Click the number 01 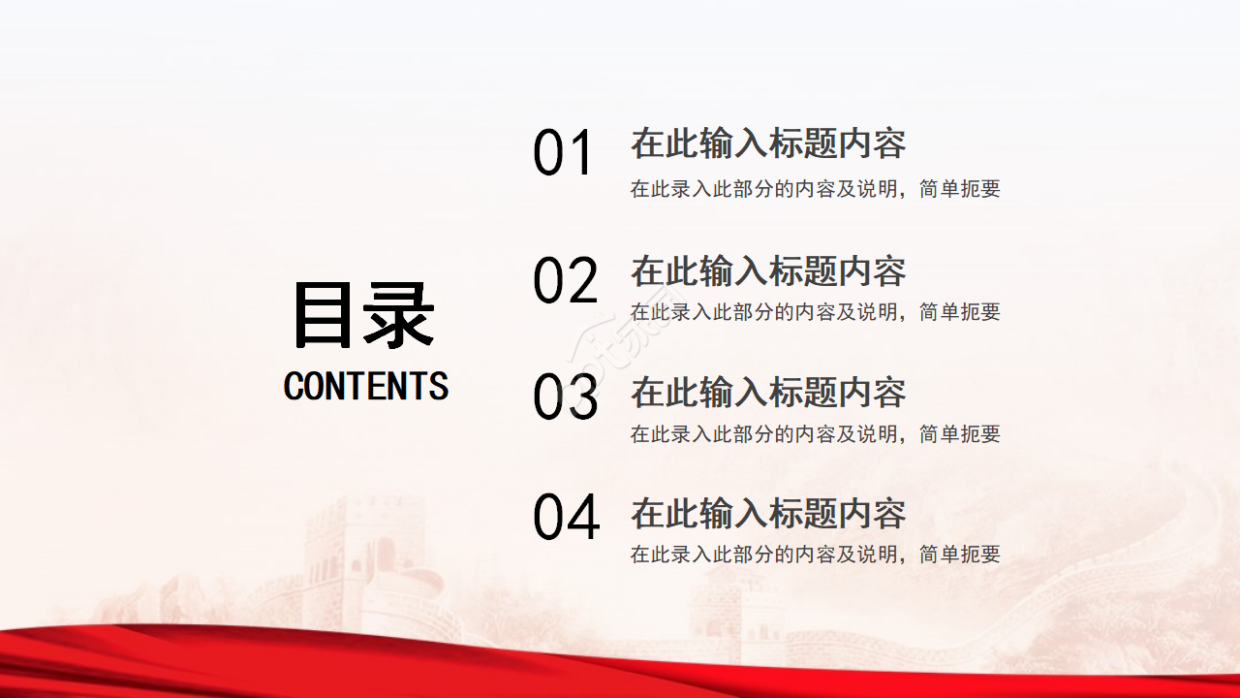[x=563, y=154]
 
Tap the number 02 [x=566, y=281]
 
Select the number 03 [x=566, y=397]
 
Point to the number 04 [x=567, y=518]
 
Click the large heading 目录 [x=363, y=315]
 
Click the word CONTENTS [x=366, y=387]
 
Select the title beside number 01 [x=768, y=143]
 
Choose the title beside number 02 [x=768, y=271]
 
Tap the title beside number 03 [x=768, y=393]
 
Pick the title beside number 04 [x=768, y=514]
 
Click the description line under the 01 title [x=815, y=189]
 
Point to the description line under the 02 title [x=815, y=312]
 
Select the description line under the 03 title [x=815, y=434]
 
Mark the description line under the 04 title [x=815, y=555]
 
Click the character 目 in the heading [x=326, y=315]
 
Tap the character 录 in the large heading [x=399, y=315]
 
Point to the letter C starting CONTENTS [x=294, y=387]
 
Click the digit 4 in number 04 [x=582, y=518]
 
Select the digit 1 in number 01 [x=580, y=154]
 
